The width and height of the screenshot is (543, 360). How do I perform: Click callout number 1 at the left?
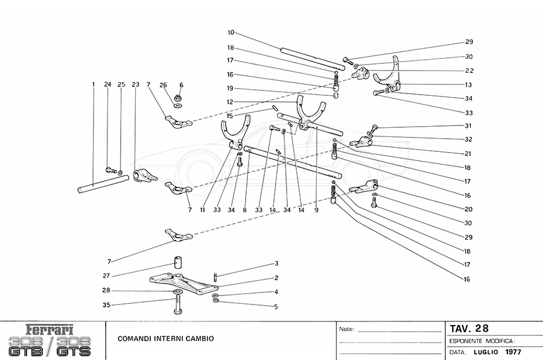point(94,84)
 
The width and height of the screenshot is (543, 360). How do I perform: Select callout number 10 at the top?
point(231,32)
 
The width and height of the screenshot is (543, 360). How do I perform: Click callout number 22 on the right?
point(468,71)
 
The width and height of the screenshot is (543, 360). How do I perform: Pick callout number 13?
point(468,85)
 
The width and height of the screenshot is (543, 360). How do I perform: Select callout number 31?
point(468,126)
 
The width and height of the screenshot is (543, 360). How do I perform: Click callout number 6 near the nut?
point(181,85)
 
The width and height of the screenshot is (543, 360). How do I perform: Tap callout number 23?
point(135,84)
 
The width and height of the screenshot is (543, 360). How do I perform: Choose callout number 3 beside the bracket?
point(276,264)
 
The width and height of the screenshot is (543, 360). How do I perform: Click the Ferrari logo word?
point(51,330)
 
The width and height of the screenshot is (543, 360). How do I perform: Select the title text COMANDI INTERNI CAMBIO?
point(165,339)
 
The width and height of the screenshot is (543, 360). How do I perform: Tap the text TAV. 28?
point(469,329)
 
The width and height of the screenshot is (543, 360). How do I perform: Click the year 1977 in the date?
point(513,352)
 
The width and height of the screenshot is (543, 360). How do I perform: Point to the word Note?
point(346,330)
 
